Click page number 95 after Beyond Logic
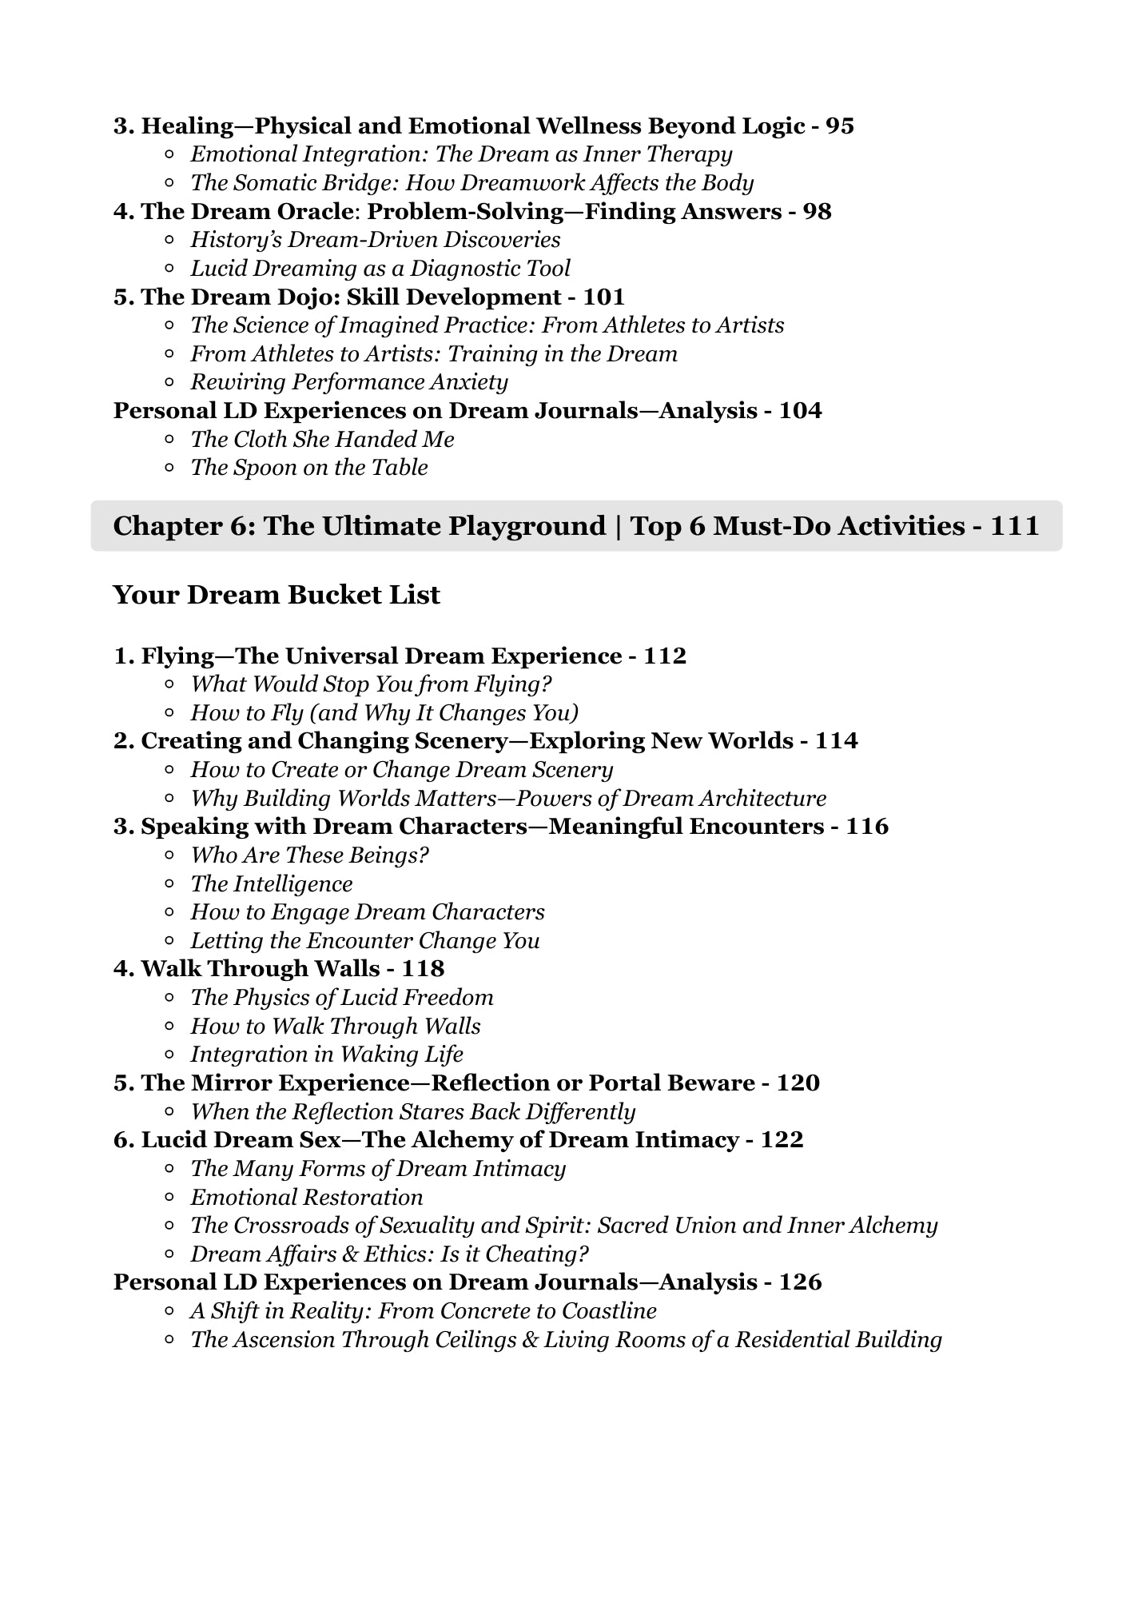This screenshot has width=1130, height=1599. pyautogui.click(x=839, y=126)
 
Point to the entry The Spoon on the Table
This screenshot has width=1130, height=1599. pyautogui.click(x=308, y=468)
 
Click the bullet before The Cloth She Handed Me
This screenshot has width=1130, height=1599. pyautogui.click(x=169, y=439)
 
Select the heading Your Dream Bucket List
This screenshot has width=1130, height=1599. pyautogui.click(x=277, y=595)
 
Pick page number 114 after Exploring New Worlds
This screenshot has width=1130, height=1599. pyautogui.click(x=836, y=741)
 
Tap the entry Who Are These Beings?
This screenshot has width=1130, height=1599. pyautogui.click(x=309, y=855)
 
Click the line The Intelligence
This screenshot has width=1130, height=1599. pyautogui.click(x=271, y=884)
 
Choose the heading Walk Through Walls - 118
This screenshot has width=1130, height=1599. pyautogui.click(x=279, y=969)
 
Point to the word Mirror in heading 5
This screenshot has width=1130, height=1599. pyautogui.click(x=231, y=1083)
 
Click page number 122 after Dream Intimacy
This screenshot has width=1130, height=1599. pyautogui.click(x=782, y=1140)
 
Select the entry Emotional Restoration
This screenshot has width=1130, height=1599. pyautogui.click(x=306, y=1198)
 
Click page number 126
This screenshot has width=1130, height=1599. pyautogui.click(x=800, y=1282)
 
